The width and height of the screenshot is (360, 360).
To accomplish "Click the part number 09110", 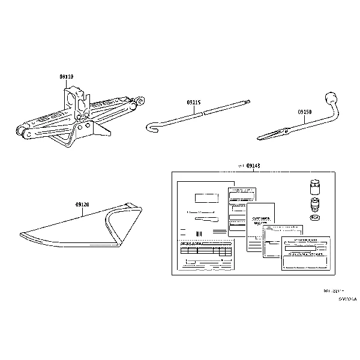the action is point(66,77).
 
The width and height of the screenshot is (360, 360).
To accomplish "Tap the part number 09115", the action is point(193,103).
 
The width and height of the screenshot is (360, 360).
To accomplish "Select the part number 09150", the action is point(305,112).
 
